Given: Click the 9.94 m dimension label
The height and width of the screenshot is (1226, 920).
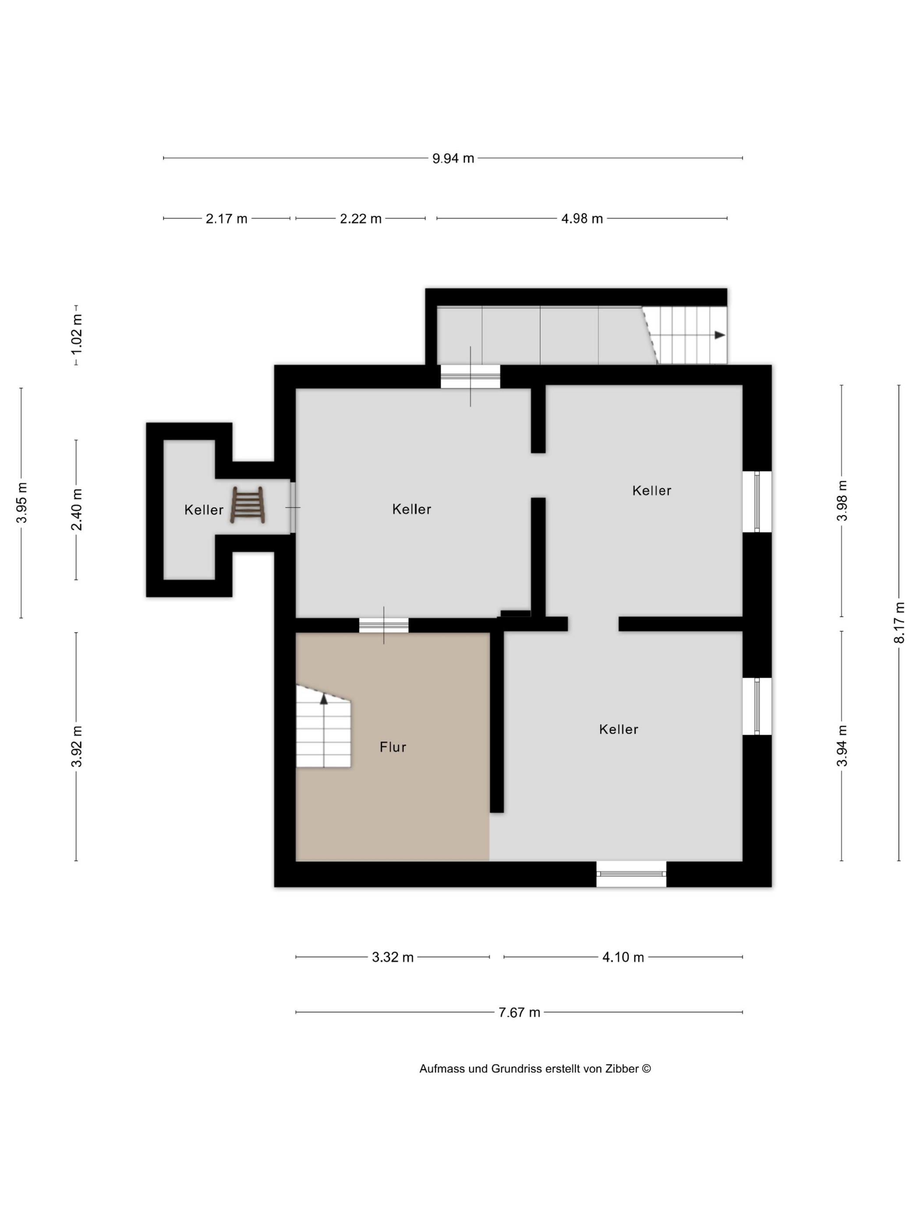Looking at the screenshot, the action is pyautogui.click(x=453, y=159).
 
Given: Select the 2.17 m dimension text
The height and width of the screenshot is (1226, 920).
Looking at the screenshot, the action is pyautogui.click(x=226, y=219).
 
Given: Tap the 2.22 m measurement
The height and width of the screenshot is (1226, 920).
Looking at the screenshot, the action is pyautogui.click(x=361, y=219).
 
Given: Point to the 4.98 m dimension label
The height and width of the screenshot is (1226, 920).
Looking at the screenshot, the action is pyautogui.click(x=582, y=219).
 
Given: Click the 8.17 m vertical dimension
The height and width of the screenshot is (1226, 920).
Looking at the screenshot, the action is pyautogui.click(x=899, y=623).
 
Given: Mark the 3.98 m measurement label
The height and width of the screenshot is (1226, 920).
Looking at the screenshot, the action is pyautogui.click(x=842, y=500).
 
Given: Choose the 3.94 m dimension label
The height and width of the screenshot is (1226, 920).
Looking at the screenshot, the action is pyautogui.click(x=842, y=746).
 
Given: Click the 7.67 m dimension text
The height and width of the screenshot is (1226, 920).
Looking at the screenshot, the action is pyautogui.click(x=519, y=1013).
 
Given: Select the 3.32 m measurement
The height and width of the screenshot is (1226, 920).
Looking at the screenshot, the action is pyautogui.click(x=393, y=957).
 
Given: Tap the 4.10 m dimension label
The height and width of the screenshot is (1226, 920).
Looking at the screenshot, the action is pyautogui.click(x=623, y=957).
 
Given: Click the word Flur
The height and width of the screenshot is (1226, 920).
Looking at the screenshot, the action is pyautogui.click(x=393, y=747).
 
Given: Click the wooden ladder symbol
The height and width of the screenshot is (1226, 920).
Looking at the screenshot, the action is pyautogui.click(x=248, y=505).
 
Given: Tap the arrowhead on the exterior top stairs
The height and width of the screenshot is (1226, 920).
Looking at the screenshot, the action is pyautogui.click(x=720, y=335).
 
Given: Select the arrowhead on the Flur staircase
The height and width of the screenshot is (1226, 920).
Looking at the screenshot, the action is pyautogui.click(x=324, y=699).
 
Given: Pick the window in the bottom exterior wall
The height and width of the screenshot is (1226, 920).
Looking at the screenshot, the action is pyautogui.click(x=631, y=874).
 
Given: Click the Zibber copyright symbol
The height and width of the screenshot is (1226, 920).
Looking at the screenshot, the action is pyautogui.click(x=647, y=1069).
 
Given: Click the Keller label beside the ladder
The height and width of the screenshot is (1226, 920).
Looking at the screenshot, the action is pyautogui.click(x=204, y=510).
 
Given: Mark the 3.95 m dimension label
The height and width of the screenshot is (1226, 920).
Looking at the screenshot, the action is pyautogui.click(x=21, y=503).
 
